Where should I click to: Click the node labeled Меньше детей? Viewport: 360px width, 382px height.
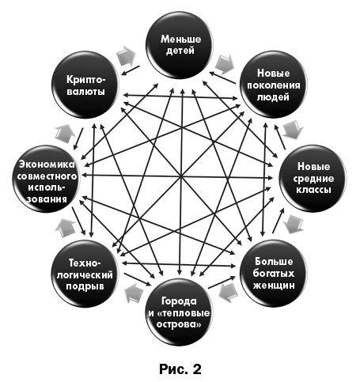tap(179, 45)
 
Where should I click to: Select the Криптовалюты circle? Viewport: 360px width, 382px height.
tap(85, 85)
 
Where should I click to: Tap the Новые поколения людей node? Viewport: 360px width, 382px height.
tap(274, 85)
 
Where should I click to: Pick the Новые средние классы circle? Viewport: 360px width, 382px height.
tap(313, 179)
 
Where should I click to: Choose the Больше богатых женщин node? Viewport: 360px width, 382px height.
tap(274, 273)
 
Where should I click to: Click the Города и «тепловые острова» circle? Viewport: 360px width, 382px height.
tap(179, 312)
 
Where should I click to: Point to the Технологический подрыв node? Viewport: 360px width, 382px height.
tap(85, 274)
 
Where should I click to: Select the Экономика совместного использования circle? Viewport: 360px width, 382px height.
tap(46, 179)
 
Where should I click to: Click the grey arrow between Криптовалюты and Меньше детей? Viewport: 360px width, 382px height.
tap(126, 55)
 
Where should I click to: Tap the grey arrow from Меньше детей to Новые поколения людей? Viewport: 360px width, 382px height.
tap(225, 64)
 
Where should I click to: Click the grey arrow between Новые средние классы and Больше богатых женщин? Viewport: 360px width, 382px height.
tap(294, 225)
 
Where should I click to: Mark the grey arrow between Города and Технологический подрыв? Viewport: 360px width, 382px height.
tap(134, 293)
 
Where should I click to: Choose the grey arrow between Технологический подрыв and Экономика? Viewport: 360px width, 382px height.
tap(65, 228)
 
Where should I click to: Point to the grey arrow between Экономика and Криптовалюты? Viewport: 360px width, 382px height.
tap(65, 134)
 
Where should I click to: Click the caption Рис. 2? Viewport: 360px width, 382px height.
tap(180, 369)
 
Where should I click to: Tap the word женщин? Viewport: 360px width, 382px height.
tap(274, 286)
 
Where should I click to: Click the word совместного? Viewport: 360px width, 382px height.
tap(47, 176)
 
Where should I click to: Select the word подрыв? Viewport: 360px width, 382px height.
tap(85, 287)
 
